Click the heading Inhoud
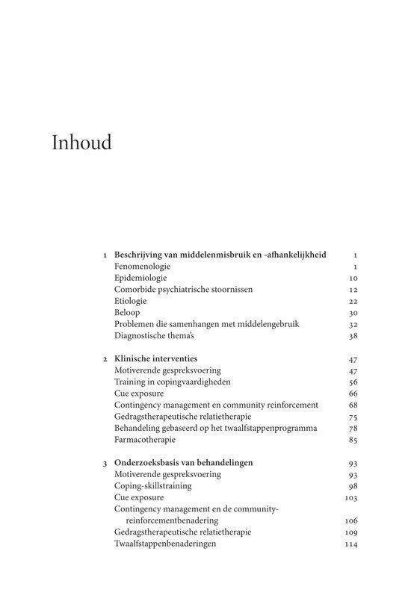point(81,143)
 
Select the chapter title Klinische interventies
point(155,358)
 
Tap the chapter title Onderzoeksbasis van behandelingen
point(183,462)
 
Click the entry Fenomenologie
point(143,266)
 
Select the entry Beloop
point(127,312)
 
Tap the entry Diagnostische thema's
point(152,335)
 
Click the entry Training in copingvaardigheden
point(172,382)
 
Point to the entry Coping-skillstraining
point(153,485)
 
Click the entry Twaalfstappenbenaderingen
point(165,544)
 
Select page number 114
point(351,544)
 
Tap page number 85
point(353,439)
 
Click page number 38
point(353,335)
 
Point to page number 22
point(353,301)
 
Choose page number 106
point(351,520)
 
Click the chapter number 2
point(105,359)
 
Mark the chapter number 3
point(105,463)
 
